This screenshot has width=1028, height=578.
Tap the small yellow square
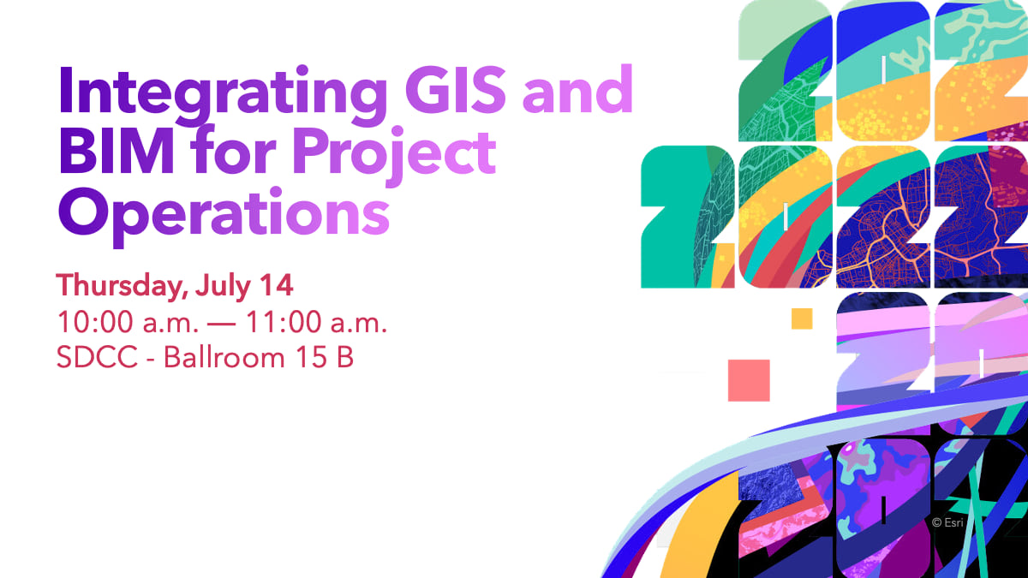point(802,319)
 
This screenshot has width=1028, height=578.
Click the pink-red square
point(749,380)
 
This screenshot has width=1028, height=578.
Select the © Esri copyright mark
point(948,521)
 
